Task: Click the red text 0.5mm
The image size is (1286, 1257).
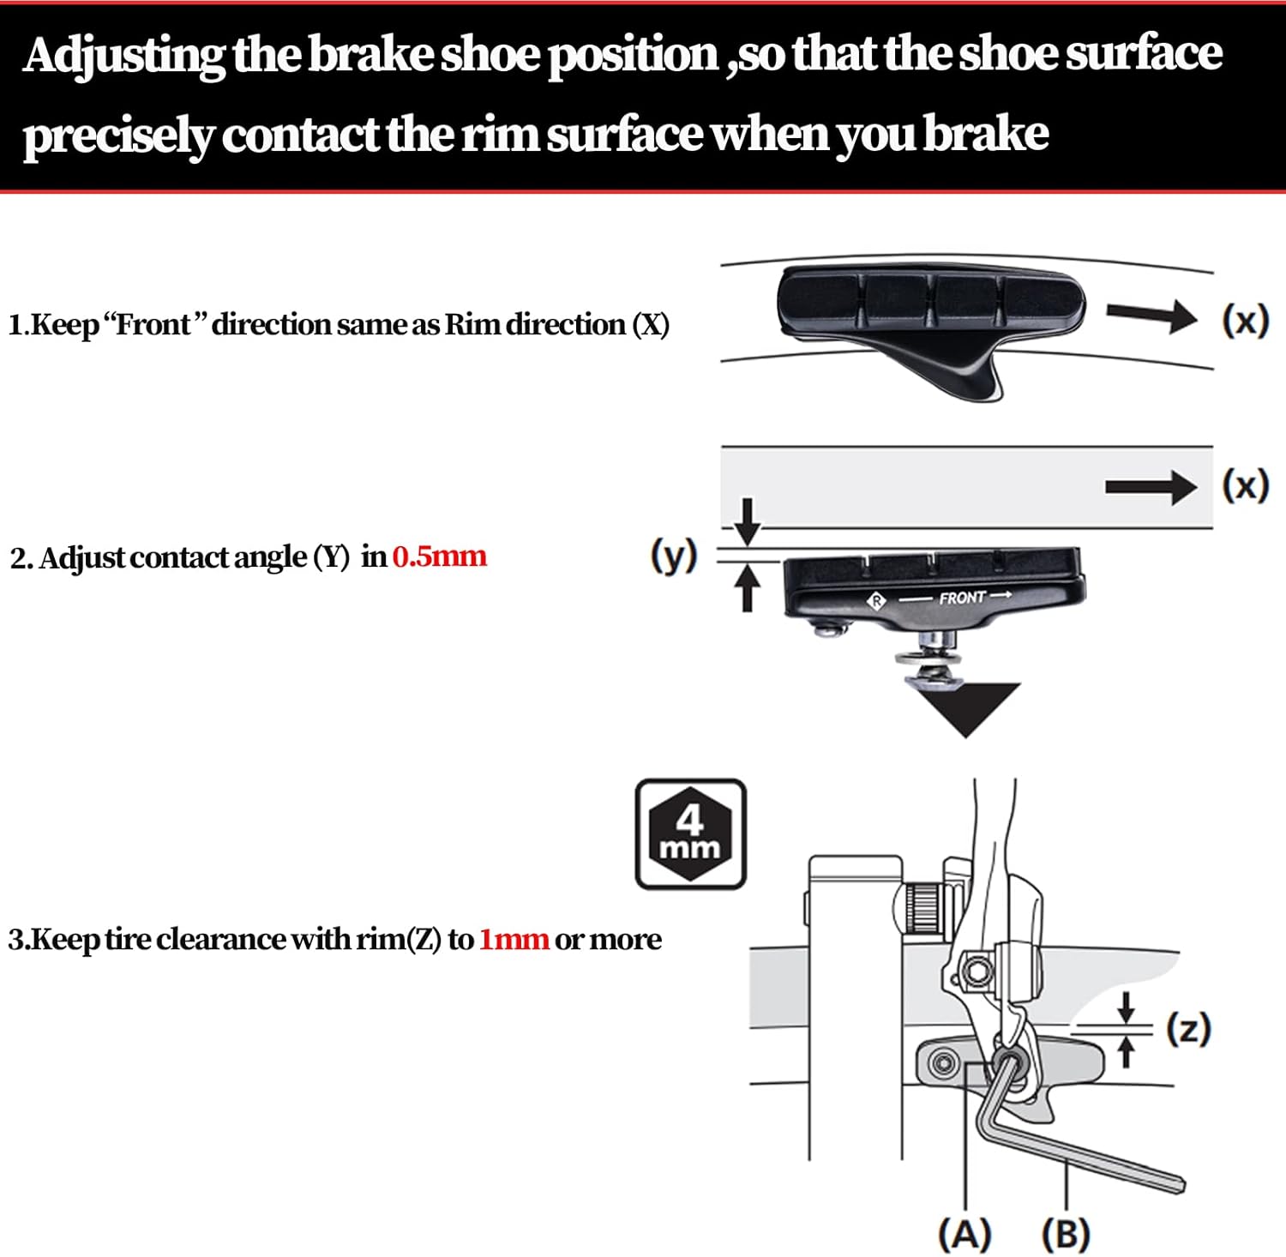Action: coord(439,557)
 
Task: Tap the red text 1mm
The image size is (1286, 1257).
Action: coord(514,940)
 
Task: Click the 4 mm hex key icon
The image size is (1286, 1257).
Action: coord(690,833)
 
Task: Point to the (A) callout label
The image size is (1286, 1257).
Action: coord(964,1235)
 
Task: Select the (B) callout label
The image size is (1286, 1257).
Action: coord(1066,1235)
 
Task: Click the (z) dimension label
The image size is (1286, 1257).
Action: coord(1188,1028)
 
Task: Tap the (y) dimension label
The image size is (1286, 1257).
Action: coord(674,556)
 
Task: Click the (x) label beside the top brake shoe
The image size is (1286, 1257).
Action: coord(1245,321)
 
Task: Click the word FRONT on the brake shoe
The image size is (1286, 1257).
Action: coord(962,598)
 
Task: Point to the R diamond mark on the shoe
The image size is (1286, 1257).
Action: coord(876,600)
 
